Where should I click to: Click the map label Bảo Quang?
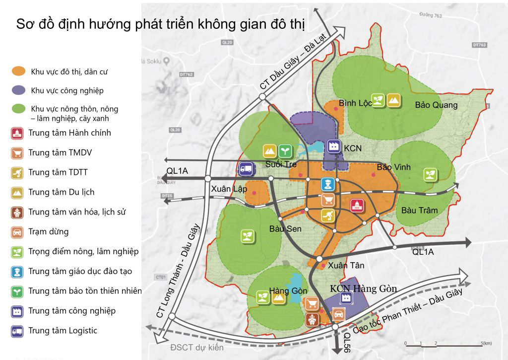[x=436, y=105]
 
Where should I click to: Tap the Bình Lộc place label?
[x=356, y=103]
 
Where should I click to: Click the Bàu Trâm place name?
[x=420, y=210]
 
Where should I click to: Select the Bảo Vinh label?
[x=394, y=167]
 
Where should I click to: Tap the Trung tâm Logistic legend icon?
[x=17, y=331]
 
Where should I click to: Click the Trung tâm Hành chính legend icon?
[x=17, y=133]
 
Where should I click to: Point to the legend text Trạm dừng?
[x=49, y=232]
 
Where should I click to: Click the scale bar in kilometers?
[x=444, y=343]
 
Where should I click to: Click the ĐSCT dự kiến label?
[x=197, y=347]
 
